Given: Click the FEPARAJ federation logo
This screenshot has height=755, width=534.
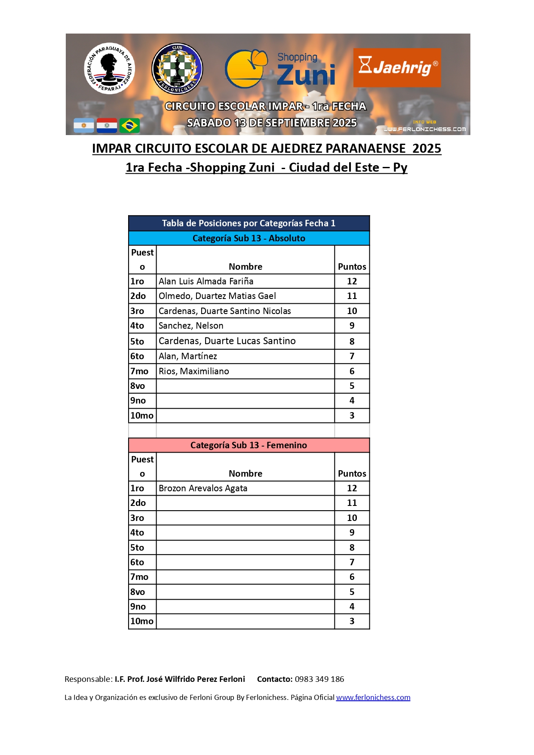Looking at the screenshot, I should (110, 68).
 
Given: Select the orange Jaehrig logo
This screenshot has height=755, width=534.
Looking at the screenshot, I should (397, 68).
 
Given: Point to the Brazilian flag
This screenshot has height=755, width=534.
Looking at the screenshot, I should (129, 126).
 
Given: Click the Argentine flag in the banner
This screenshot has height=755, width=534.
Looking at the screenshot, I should (84, 126).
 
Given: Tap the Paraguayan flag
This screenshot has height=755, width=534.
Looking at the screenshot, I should (107, 126).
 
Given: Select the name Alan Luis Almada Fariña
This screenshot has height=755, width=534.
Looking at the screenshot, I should (206, 281).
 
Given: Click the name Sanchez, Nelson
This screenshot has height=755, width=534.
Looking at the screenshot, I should (191, 326).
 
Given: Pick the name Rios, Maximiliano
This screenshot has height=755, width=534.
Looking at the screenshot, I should (194, 371).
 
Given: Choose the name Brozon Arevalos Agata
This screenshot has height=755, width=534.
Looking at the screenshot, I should (203, 488).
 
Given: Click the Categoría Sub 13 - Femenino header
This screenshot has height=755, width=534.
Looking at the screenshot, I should (249, 445).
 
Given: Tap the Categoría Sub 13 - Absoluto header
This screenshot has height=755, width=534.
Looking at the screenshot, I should (249, 238).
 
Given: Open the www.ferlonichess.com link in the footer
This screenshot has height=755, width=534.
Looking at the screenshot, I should (373, 697).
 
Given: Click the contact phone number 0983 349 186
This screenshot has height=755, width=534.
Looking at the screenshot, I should (319, 679).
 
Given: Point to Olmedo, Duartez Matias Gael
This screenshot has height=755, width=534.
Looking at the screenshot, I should (217, 296).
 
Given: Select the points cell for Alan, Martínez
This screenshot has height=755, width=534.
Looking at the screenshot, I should (352, 356).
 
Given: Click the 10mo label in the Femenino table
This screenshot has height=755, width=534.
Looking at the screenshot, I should (142, 621).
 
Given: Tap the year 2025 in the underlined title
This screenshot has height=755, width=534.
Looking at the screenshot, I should (427, 148).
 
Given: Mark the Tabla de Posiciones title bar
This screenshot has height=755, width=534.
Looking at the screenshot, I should (249, 223).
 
